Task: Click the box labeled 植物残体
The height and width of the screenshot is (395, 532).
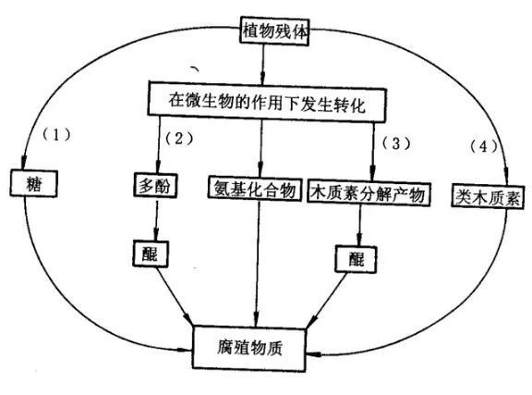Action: [274, 31]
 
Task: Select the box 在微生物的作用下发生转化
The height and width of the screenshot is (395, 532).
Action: [267, 102]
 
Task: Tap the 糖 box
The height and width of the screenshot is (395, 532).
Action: [33, 183]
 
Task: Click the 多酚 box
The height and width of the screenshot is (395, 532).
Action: [155, 186]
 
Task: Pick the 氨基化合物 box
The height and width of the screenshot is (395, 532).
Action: [255, 189]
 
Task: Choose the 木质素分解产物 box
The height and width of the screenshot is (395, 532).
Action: [369, 193]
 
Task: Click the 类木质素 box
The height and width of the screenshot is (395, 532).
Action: [488, 196]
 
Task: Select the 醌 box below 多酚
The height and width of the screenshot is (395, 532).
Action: [151, 253]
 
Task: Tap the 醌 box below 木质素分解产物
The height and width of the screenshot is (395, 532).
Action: [356, 259]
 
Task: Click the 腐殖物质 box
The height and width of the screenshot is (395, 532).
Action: [249, 348]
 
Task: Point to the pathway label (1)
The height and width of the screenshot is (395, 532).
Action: [56, 135]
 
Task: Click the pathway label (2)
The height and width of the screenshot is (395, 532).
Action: [179, 139]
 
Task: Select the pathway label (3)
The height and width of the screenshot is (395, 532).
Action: [396, 143]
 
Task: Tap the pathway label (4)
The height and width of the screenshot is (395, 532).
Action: [483, 146]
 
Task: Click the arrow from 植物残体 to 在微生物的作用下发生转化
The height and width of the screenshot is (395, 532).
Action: [262, 64]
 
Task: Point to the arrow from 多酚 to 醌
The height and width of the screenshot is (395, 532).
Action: [156, 220]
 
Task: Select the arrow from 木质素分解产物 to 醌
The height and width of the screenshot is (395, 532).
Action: [359, 226]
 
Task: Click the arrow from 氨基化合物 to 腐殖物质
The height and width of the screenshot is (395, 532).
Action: [258, 264]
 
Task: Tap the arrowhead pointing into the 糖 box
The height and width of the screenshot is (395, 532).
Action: [23, 162]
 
